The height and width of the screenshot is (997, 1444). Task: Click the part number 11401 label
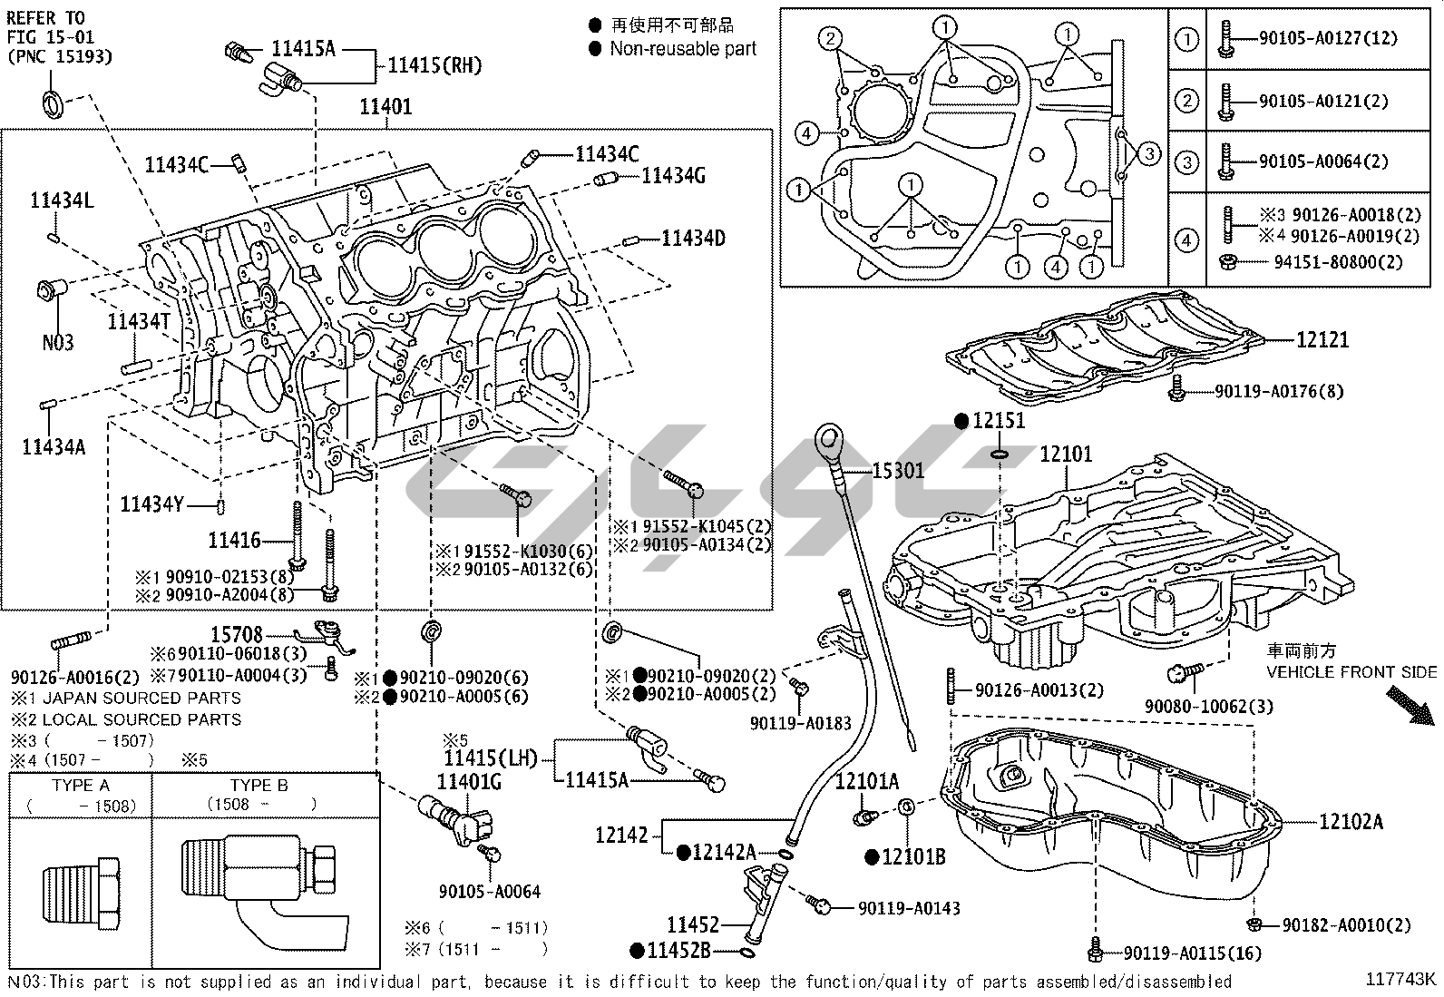point(385,107)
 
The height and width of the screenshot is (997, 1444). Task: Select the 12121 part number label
point(1322,340)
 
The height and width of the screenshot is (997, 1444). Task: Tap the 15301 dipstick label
point(898,470)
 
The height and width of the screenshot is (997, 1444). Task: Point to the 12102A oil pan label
point(1351,822)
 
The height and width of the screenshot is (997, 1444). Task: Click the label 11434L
point(62,200)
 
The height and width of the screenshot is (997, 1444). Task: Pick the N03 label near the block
point(58,343)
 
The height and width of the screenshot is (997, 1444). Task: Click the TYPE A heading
point(81,786)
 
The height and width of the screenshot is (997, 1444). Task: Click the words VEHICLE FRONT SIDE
point(1351,672)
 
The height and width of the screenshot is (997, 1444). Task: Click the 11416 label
point(234,541)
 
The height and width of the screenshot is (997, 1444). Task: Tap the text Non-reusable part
point(682,49)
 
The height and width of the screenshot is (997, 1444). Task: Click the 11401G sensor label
point(469,781)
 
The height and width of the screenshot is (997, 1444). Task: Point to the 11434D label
point(693,239)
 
